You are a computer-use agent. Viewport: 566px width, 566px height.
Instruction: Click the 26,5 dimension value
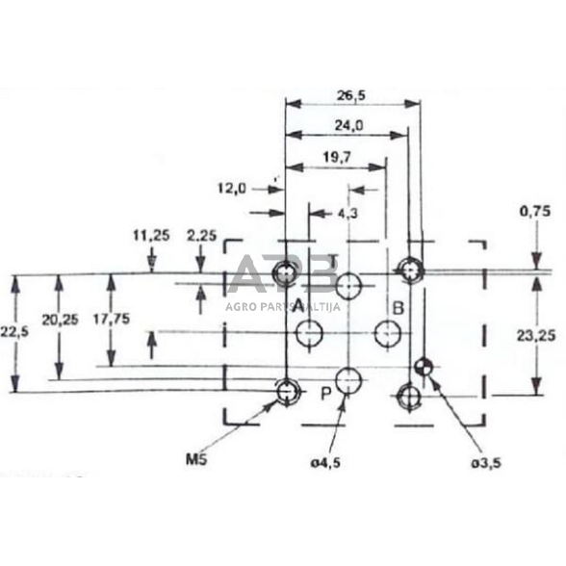click(x=350, y=95)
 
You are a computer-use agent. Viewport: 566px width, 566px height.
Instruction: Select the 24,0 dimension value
click(x=349, y=125)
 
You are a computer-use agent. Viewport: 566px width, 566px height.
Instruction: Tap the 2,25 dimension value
click(x=201, y=234)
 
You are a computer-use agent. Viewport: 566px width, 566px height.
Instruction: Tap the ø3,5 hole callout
click(x=487, y=463)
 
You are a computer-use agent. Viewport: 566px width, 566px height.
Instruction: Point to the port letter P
click(x=326, y=393)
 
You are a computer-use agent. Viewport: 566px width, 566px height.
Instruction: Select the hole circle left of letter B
click(x=389, y=334)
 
